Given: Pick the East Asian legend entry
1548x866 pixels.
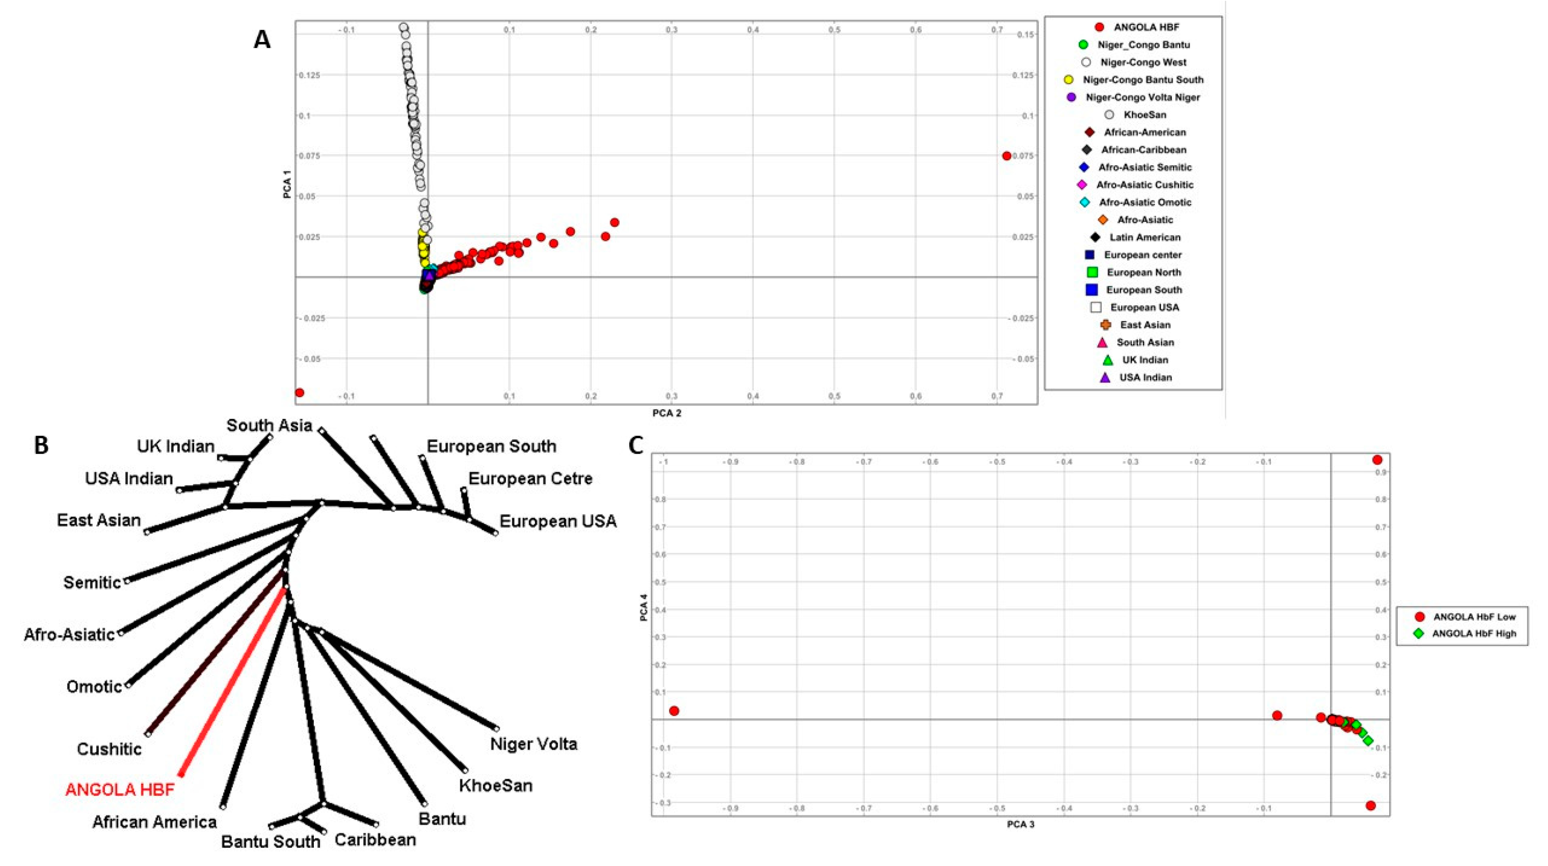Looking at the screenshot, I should coord(1137,325).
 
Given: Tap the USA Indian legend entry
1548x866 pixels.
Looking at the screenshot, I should coord(1138,378).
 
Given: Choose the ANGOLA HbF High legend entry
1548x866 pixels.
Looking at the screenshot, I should coord(1466,634).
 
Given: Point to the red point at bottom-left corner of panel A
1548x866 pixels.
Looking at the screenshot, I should coord(299,393).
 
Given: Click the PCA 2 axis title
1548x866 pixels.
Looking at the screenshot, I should coord(666,413).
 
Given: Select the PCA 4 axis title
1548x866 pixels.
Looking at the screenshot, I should coord(644,607).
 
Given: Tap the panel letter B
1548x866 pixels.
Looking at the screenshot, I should coord(41,446).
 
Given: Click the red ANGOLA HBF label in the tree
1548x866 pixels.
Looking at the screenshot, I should coord(120,790).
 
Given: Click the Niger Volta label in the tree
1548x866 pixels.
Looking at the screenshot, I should coord(534,744).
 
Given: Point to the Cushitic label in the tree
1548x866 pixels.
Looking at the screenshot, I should coord(109,749).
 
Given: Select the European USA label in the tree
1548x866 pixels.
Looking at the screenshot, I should coord(558,521).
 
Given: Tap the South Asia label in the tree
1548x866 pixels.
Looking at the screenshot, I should coord(269,425).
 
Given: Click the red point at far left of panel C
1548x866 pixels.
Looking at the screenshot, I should coord(674,711).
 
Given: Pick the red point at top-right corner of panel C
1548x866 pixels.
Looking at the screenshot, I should coord(1377,460).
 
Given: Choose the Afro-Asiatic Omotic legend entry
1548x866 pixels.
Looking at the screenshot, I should coord(1137,202).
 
